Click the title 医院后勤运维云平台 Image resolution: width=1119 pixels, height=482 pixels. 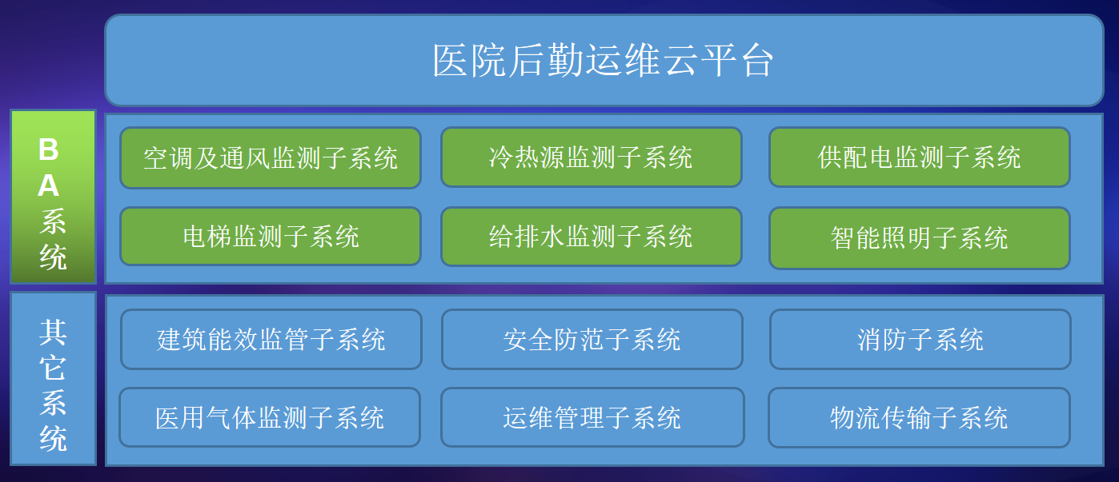pos(604,61)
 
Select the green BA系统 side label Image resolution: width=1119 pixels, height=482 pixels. pos(53,197)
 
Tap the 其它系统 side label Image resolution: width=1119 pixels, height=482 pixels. pos(53,379)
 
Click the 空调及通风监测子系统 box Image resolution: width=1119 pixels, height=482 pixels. pos(271,158)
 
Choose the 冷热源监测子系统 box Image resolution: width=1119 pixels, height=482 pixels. pos(592,157)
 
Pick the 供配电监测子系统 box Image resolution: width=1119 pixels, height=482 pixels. pos(919,157)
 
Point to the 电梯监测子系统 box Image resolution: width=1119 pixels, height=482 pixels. pos(271,236)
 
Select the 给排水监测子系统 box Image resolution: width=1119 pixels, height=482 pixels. pos(592,236)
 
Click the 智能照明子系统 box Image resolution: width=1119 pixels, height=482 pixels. pos(919,238)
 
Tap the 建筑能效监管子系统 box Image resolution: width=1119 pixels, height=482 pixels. pos(271,339)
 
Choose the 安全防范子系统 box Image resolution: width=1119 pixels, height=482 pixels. pos(592,339)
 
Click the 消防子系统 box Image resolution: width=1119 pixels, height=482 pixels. pos(920,339)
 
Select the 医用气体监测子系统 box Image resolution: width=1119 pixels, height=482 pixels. pos(270,417)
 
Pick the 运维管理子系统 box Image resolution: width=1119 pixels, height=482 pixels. pos(592,417)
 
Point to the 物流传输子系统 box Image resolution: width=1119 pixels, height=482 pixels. pos(919,417)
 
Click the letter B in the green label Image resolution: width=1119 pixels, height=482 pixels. pos(49,149)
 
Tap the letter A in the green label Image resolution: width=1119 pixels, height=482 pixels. pos(49,185)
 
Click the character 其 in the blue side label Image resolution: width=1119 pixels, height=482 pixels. pos(53,333)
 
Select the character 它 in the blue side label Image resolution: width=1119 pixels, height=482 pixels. pos(53,368)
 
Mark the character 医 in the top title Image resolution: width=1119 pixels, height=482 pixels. pos(451,61)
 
